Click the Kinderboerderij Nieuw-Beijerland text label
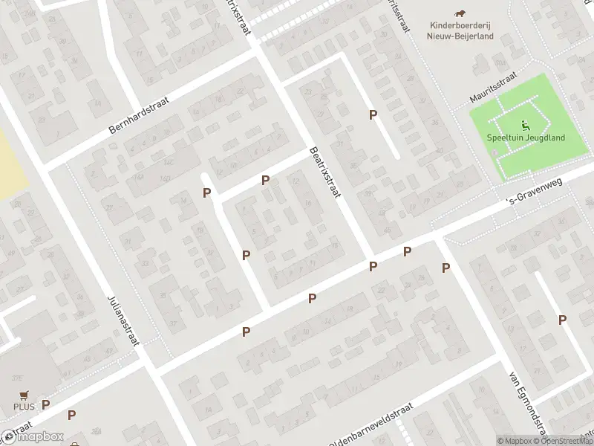click(460, 29)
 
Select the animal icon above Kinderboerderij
click(460, 13)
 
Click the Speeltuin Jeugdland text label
click(526, 138)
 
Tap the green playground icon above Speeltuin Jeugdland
click(526, 124)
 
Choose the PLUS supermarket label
click(24, 407)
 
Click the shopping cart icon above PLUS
click(24, 395)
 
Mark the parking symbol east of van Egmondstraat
click(563, 320)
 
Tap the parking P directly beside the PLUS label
click(46, 405)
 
